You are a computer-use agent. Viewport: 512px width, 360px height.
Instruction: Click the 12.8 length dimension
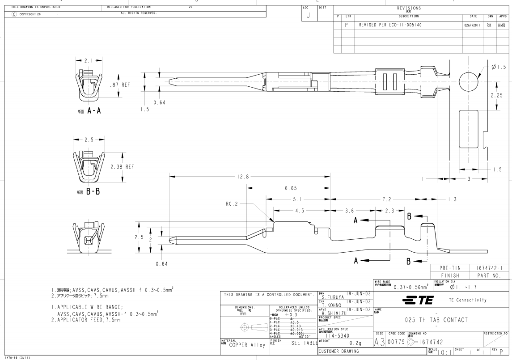(243, 177)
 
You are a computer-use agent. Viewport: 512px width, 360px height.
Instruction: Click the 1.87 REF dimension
(118, 85)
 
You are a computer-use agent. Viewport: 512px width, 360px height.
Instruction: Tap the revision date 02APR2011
(473, 25)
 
